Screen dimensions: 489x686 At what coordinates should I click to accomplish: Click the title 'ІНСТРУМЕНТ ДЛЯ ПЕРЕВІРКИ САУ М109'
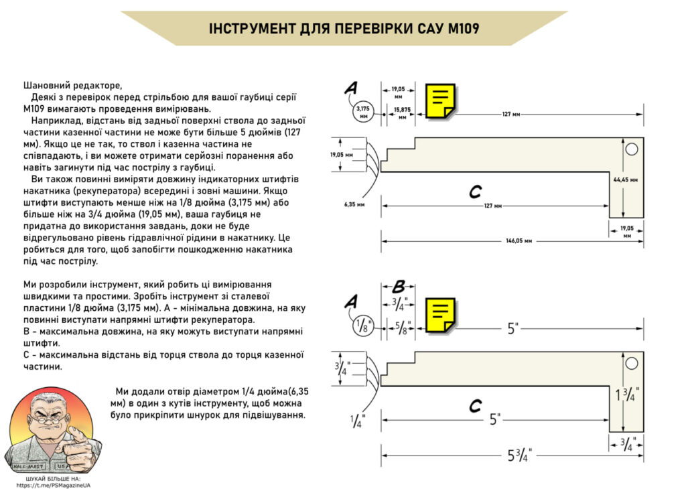point(344,29)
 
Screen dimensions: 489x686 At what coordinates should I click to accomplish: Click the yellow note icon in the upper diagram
point(441,101)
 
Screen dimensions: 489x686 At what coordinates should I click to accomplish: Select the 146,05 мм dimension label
point(519,240)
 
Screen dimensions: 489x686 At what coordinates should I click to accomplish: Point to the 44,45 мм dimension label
point(626,180)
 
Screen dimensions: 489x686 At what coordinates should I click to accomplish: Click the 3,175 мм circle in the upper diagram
point(364,111)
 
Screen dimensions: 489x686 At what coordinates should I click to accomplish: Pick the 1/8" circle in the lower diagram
point(364,328)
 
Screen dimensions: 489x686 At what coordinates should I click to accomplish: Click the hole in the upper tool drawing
point(631,150)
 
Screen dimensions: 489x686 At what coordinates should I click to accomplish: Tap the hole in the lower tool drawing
point(631,364)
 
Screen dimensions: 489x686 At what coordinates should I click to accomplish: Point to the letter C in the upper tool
point(475,193)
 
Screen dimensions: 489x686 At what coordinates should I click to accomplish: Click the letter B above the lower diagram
point(398,287)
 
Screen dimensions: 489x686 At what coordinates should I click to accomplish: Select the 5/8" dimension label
point(402,328)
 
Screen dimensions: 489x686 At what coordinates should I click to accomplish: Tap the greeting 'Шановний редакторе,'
point(73,85)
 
